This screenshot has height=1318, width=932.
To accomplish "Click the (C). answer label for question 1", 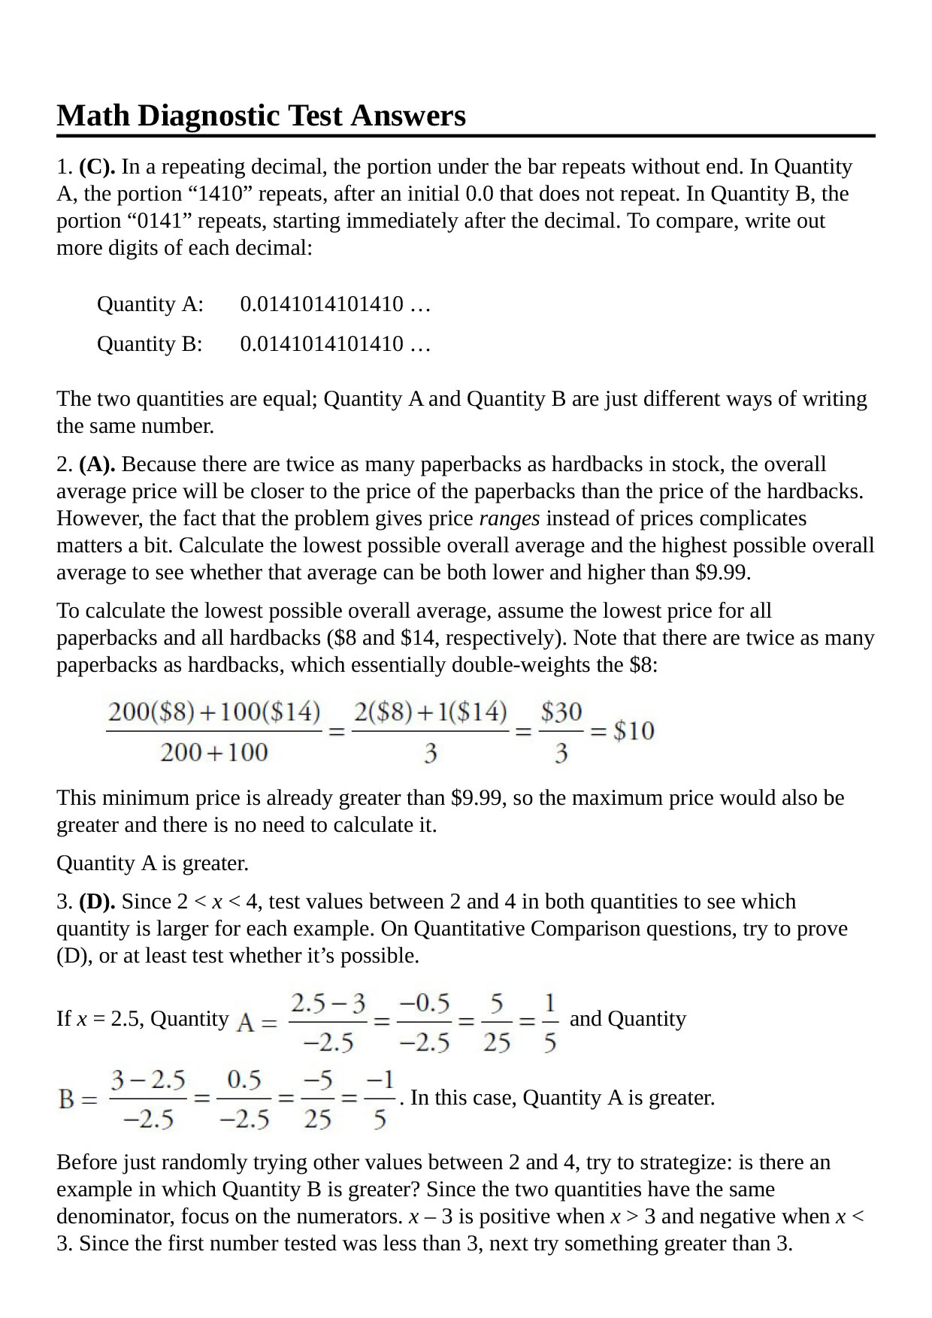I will click(97, 167).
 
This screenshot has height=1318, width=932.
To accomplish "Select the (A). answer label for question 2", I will click(97, 464).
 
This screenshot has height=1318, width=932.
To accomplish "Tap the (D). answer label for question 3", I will click(97, 902).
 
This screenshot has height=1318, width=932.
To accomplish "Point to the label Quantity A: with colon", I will click(150, 304).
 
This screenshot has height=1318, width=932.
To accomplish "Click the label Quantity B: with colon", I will click(150, 344).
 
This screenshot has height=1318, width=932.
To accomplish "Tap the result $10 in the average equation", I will click(633, 730).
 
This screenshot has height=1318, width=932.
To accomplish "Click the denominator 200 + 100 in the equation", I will click(213, 752).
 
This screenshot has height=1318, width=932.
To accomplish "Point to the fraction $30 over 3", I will click(561, 731).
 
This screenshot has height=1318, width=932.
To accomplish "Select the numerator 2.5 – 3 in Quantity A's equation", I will click(328, 1003).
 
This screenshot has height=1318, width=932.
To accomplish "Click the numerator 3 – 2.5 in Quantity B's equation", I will click(148, 1081).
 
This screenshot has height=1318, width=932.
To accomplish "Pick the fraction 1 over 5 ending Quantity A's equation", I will click(550, 1022).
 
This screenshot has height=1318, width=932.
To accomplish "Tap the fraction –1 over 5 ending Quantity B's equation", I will click(380, 1100).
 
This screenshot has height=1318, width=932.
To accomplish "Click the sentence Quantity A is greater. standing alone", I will click(153, 863).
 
